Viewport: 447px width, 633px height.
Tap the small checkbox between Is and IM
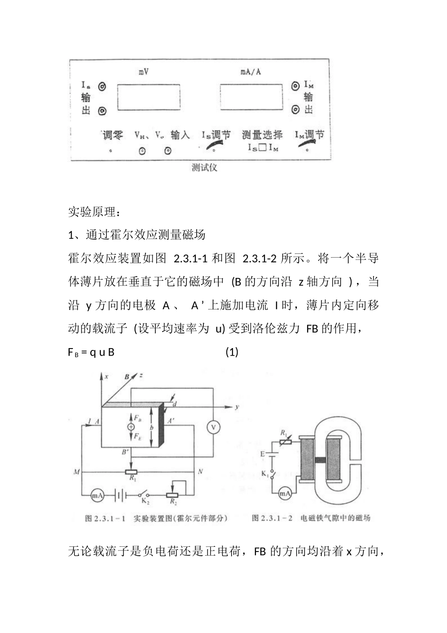tap(263, 148)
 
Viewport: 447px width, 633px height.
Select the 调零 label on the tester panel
tap(113, 136)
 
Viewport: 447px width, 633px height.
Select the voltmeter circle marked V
tap(213, 427)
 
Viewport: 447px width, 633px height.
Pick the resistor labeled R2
tap(175, 496)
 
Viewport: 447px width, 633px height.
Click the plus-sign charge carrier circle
tap(130, 426)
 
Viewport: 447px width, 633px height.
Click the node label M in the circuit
tap(76, 471)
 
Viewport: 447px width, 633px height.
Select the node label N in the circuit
tap(200, 471)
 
